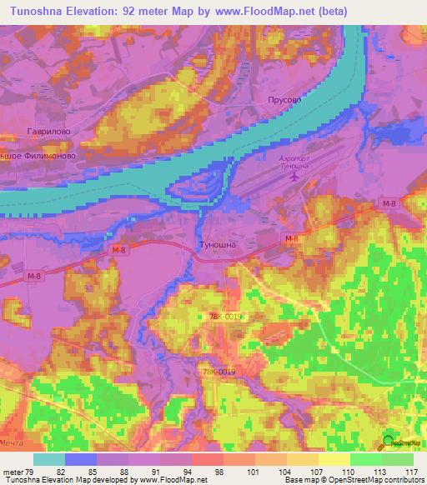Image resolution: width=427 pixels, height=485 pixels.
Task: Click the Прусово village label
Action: coord(284,98)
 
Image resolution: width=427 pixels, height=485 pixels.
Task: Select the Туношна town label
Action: coord(219,245)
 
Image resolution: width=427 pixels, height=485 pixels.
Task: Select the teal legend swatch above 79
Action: coord(49,459)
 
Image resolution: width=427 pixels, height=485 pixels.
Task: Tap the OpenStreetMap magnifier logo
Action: coord(389,443)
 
